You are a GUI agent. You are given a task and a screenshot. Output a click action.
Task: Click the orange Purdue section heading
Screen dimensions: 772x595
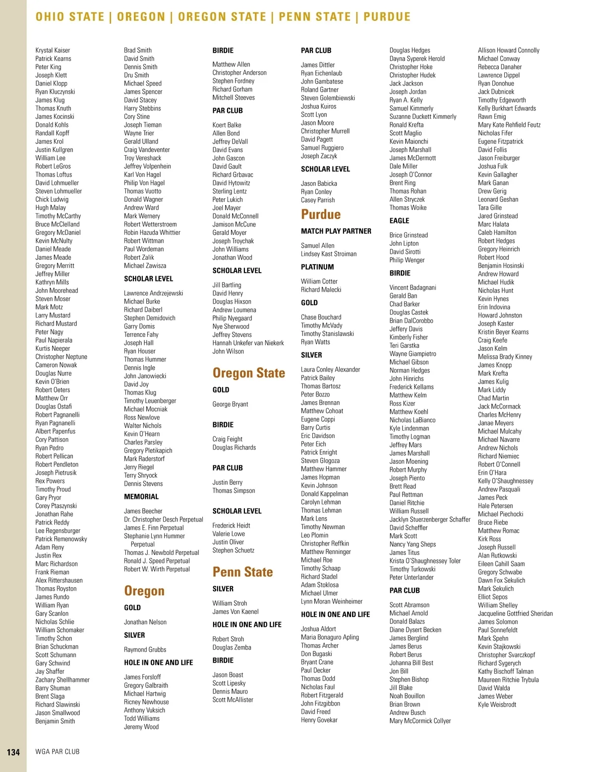(321, 215)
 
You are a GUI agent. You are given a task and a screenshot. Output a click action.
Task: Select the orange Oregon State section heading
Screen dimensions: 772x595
(248, 373)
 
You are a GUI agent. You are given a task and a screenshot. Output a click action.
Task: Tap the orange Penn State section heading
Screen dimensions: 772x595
(242, 572)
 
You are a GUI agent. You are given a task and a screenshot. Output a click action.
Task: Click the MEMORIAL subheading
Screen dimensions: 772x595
(141, 496)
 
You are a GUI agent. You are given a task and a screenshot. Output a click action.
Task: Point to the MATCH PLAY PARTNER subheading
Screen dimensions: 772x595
(336, 231)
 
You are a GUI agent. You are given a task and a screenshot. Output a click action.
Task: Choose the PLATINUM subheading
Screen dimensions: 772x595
(317, 267)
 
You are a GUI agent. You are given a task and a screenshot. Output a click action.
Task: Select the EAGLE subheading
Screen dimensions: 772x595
(399, 221)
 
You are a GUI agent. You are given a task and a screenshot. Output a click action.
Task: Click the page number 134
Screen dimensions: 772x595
(13, 752)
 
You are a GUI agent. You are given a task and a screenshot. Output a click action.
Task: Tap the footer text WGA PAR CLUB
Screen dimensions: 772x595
(58, 752)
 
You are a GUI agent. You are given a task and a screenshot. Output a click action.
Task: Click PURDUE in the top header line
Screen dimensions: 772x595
(387, 17)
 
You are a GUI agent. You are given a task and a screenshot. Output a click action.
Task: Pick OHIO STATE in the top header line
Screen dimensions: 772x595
(70, 17)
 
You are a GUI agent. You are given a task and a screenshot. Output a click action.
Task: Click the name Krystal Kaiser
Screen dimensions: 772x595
(53, 50)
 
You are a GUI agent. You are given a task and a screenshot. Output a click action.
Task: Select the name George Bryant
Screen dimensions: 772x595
(230, 404)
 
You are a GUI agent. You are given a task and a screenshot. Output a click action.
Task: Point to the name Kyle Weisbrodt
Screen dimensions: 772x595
(497, 705)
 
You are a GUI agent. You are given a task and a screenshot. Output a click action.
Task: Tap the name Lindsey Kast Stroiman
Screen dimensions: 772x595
(328, 254)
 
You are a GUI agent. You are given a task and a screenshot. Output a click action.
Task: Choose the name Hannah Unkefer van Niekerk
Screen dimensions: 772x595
(248, 343)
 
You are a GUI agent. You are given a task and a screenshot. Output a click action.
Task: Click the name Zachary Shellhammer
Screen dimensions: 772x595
(62, 680)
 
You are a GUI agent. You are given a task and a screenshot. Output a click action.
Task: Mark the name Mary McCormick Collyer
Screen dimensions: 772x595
(420, 721)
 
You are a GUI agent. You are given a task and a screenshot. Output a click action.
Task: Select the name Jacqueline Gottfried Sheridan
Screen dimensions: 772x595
(515, 613)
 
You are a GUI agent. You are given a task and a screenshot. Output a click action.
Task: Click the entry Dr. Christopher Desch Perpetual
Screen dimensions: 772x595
(164, 519)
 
